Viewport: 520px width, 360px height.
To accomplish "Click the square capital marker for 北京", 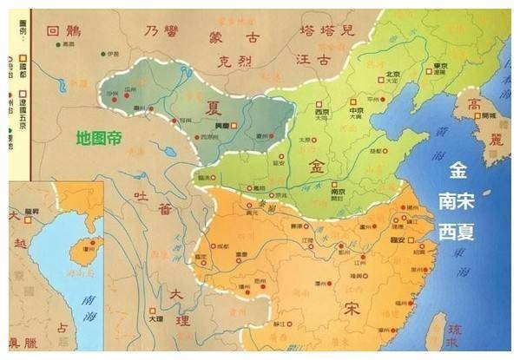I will point(379,81).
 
